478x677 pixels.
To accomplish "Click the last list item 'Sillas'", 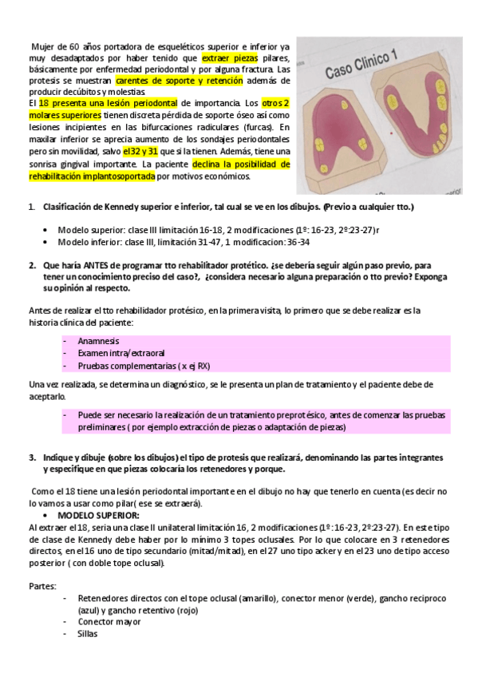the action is pos(88,634).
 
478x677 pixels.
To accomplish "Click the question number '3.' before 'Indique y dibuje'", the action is pos(32,457).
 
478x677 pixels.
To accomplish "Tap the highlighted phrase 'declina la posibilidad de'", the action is pos(239,164).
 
